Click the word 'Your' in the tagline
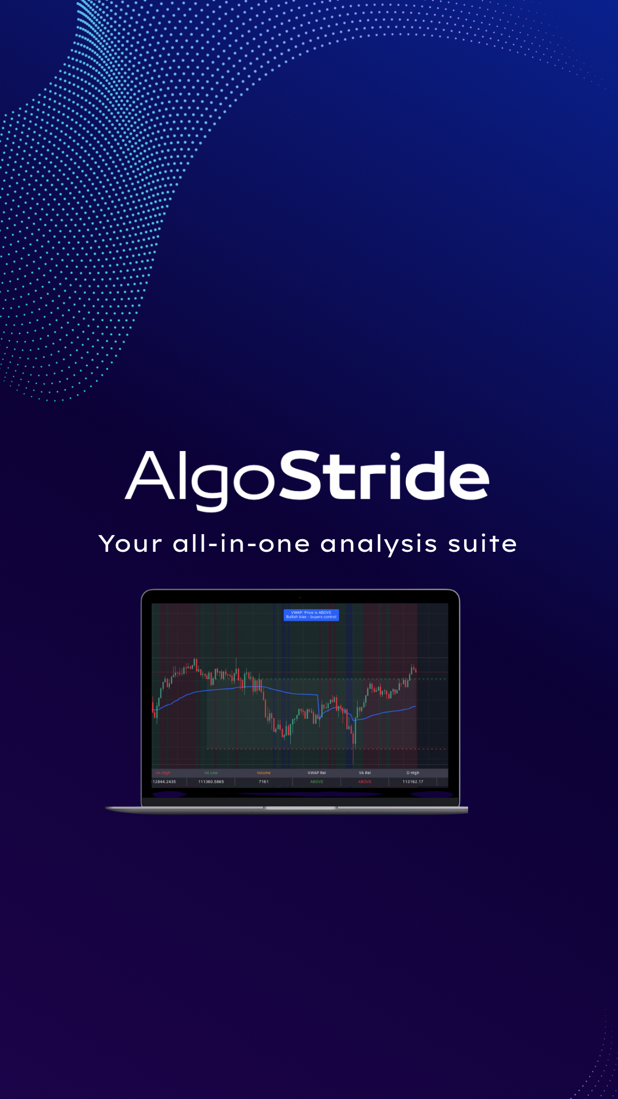coord(130,544)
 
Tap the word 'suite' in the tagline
coord(482,544)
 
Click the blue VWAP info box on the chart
coord(311,615)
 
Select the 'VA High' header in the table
coord(163,773)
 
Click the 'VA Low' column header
coord(211,773)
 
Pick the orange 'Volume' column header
coord(264,773)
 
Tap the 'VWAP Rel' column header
coord(316,773)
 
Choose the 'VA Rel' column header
coord(365,773)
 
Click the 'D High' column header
coord(413,773)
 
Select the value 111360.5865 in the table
coord(211,781)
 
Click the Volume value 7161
coord(264,781)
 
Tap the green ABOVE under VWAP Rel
coord(316,781)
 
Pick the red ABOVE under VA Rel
coord(365,781)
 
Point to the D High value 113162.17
coord(413,781)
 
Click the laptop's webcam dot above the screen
coord(300,597)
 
